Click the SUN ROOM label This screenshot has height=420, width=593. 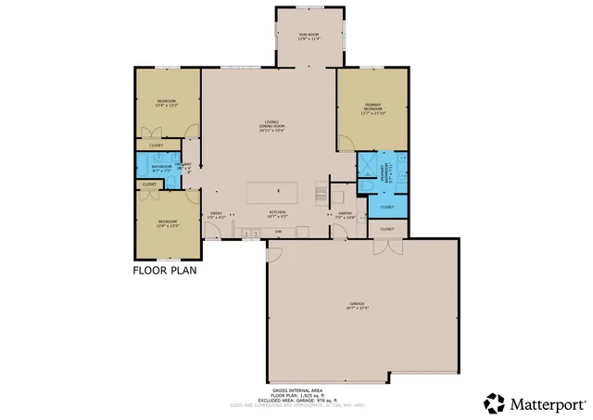pos(308,37)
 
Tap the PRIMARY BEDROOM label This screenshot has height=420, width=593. pos(372,109)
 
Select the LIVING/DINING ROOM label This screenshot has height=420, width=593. pos(271,127)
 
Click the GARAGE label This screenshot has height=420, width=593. pos(357,305)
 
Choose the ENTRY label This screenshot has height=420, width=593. pos(216,213)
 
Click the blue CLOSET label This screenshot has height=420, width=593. pos(387,207)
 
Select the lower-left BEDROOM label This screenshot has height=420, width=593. pos(167,223)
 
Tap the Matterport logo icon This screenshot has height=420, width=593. pos(493,403)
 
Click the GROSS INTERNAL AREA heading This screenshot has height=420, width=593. pos(296,391)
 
